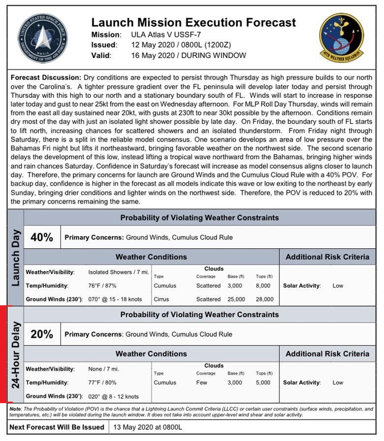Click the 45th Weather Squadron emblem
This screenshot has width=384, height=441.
pyautogui.click(x=341, y=38)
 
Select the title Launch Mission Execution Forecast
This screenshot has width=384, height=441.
pyautogui.click(x=193, y=23)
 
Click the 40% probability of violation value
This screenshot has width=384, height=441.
pyautogui.click(x=42, y=237)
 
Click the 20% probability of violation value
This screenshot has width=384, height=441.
pyautogui.click(x=42, y=334)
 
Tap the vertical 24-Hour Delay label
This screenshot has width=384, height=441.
pyautogui.click(x=15, y=354)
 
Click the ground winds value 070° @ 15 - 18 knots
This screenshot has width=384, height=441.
pyautogui.click(x=115, y=299)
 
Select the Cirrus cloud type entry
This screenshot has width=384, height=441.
pyautogui.click(x=161, y=299)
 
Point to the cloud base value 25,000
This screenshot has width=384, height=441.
pyautogui.click(x=236, y=299)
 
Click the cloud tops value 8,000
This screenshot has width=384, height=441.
pyautogui.click(x=263, y=286)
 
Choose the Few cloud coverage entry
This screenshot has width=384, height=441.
pyautogui.click(x=202, y=382)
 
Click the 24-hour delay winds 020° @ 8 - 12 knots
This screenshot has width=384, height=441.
pyautogui.click(x=113, y=396)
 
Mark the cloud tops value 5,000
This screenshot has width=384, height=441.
pyautogui.click(x=263, y=382)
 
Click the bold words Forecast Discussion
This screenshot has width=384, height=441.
pyautogui.click(x=45, y=78)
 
